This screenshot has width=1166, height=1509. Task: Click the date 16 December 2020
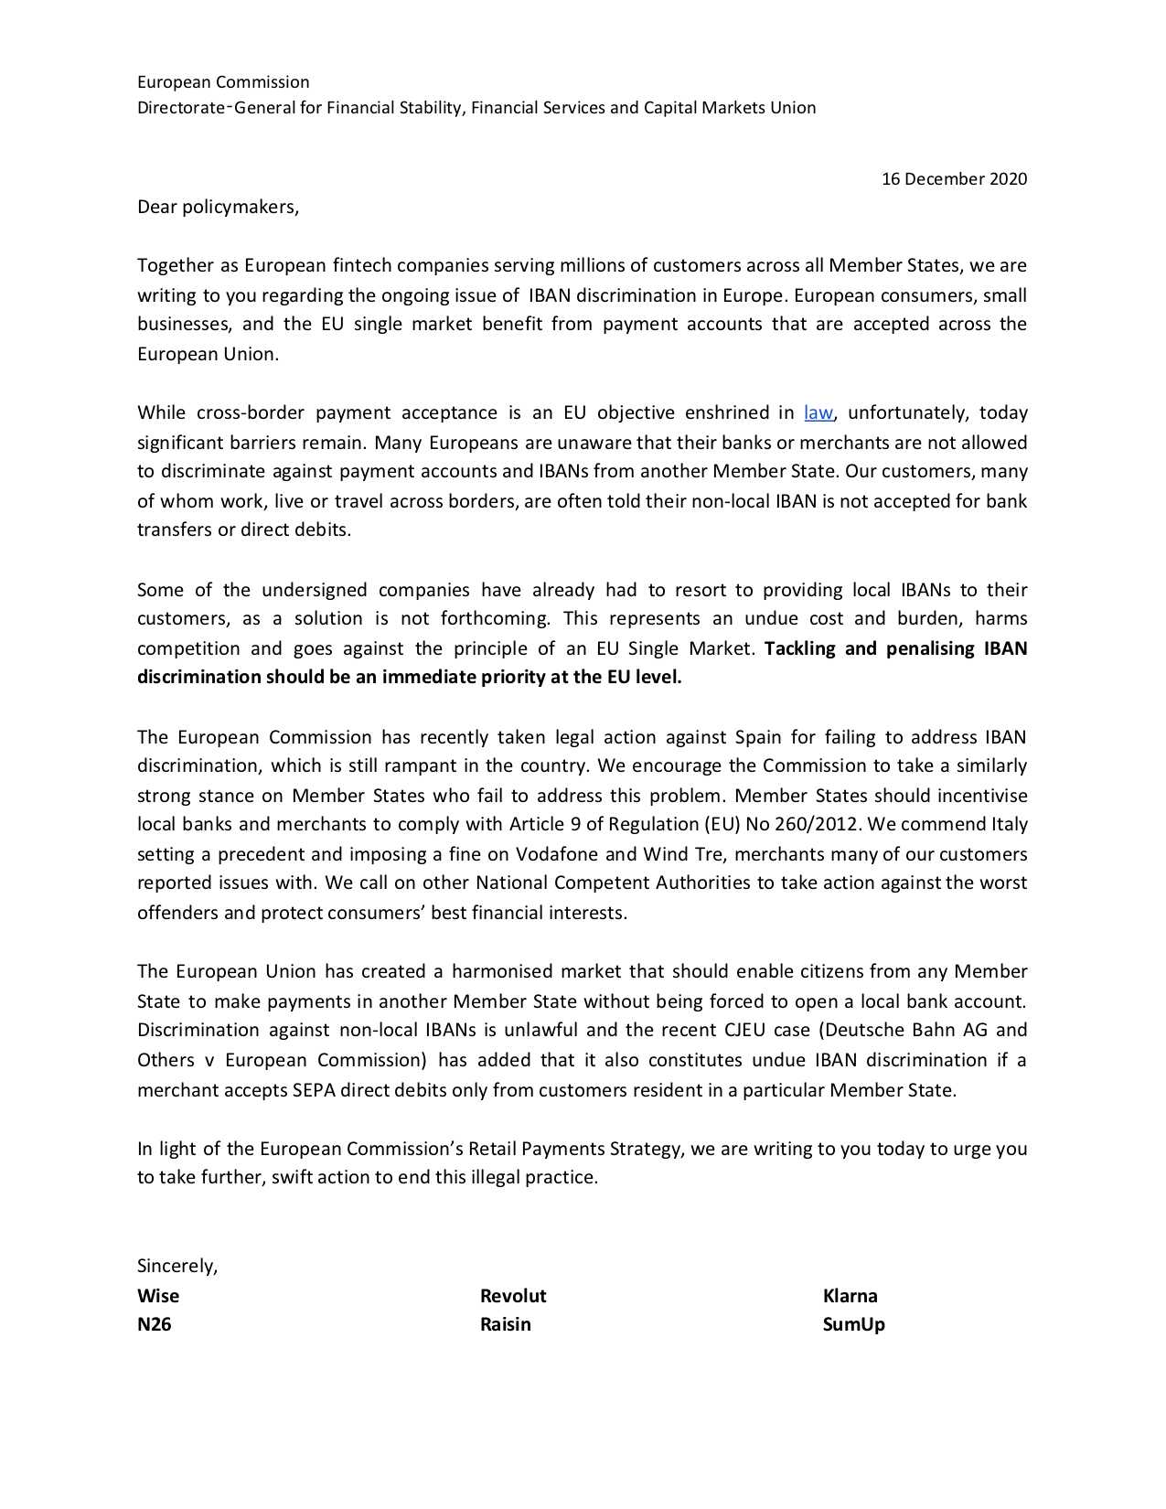click(x=953, y=179)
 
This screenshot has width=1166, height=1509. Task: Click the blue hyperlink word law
click(x=818, y=412)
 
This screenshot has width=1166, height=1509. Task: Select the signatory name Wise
click(x=158, y=1296)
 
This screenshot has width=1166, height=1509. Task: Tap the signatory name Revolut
click(x=513, y=1296)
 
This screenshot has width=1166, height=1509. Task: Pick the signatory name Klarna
click(x=850, y=1296)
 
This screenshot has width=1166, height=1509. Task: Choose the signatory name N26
click(x=154, y=1324)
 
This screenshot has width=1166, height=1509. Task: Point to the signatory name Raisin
click(x=505, y=1324)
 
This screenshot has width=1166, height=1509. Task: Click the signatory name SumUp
click(x=853, y=1324)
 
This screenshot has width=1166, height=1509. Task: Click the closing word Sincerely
click(x=177, y=1267)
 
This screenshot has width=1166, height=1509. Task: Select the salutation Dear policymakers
click(x=218, y=207)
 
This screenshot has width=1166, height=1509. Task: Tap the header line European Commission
click(x=223, y=82)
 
